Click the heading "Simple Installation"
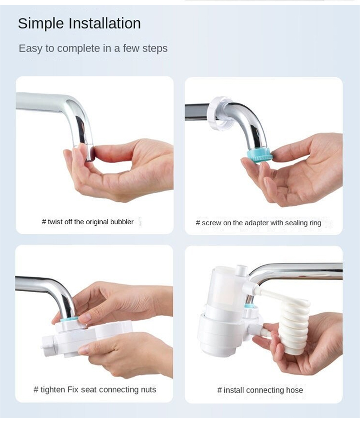click(79, 24)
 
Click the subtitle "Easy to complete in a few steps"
click(93, 48)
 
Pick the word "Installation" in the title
click(104, 24)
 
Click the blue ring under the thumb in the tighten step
click(69, 320)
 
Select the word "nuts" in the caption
click(148, 390)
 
